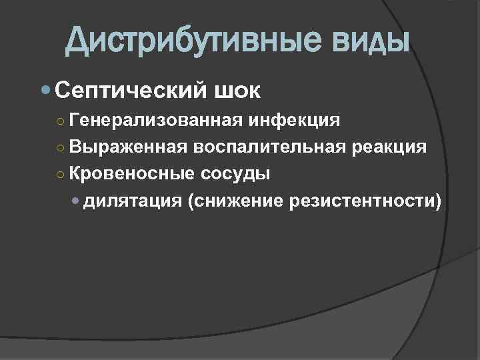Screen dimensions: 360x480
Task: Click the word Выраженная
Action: (127, 147)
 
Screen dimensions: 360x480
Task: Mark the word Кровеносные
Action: (131, 174)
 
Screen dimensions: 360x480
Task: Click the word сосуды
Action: (234, 174)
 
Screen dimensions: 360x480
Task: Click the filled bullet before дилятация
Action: (78, 201)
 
